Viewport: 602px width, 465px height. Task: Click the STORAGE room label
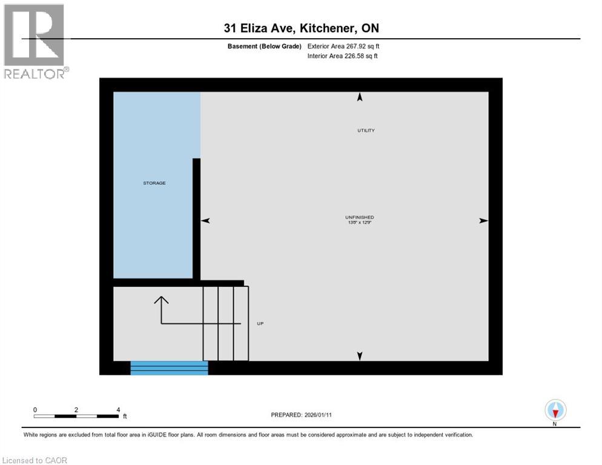point(154,183)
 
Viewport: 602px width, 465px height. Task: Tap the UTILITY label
point(366,130)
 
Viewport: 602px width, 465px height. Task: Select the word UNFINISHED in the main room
point(359,217)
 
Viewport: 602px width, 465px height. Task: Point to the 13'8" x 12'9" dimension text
point(359,223)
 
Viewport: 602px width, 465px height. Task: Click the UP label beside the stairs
point(260,323)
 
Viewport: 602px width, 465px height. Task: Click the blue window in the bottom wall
point(169,368)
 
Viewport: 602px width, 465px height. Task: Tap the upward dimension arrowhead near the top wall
point(360,97)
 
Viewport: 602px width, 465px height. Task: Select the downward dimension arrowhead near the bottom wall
point(360,356)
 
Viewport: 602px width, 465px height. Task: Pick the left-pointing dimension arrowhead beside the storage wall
point(205,221)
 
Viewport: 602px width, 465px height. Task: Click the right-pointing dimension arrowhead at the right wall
point(483,221)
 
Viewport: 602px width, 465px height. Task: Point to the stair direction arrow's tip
point(161,297)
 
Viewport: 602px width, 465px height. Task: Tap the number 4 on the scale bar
point(118,409)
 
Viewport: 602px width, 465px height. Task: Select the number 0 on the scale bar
point(35,409)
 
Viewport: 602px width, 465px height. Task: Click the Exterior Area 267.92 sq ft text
point(343,46)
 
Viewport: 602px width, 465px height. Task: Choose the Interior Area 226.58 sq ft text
point(343,56)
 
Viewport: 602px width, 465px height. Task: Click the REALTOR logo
point(35,41)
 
